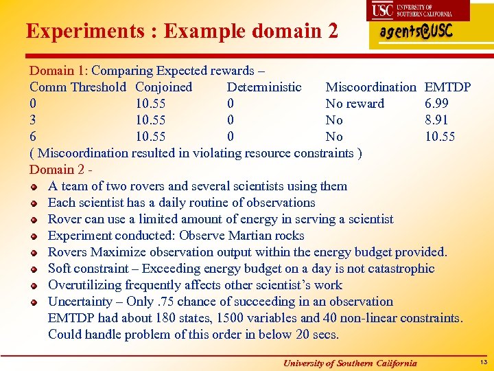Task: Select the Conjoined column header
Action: pyautogui.click(x=164, y=87)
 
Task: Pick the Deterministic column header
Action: pyautogui.click(x=264, y=87)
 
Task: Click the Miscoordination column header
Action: pyautogui.click(x=370, y=87)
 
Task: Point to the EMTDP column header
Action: pyautogui.click(x=448, y=87)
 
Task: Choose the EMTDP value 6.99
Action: pyautogui.click(x=437, y=104)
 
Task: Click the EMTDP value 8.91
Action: pyautogui.click(x=437, y=120)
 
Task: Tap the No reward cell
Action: pyautogui.click(x=355, y=104)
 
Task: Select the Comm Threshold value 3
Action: pyautogui.click(x=33, y=120)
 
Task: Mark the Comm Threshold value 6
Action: pyautogui.click(x=33, y=137)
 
